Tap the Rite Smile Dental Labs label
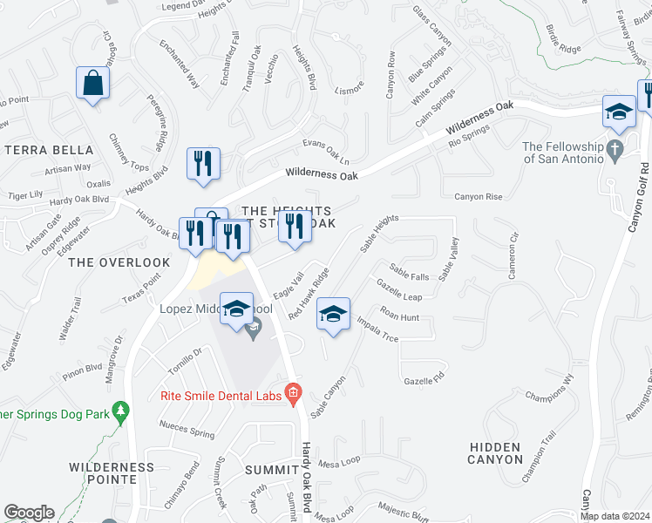pos(221,396)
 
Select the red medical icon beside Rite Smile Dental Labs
pos(293,395)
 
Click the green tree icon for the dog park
pos(121,410)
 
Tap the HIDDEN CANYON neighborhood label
pos(496,452)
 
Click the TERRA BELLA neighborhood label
pos(43,150)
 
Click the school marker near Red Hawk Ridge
pos(333,315)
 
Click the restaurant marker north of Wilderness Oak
pos(203,164)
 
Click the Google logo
pos(29,513)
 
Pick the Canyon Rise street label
pos(479,197)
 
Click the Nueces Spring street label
pos(187,430)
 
